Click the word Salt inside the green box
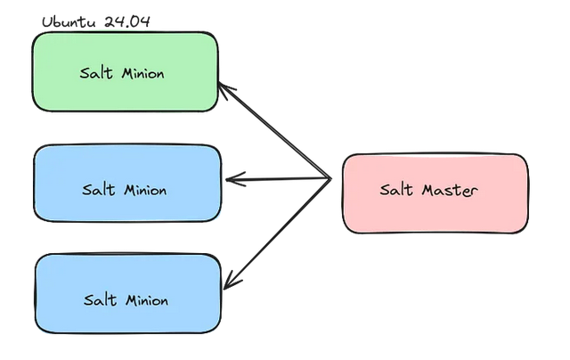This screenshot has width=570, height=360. coord(94,73)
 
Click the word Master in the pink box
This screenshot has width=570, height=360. coord(449,190)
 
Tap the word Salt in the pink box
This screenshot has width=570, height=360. coord(396,190)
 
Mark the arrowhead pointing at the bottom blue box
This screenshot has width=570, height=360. coord(228,283)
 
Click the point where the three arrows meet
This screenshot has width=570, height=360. coord(330,179)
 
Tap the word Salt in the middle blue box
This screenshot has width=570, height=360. coord(98,190)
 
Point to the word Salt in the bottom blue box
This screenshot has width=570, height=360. coord(100,300)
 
